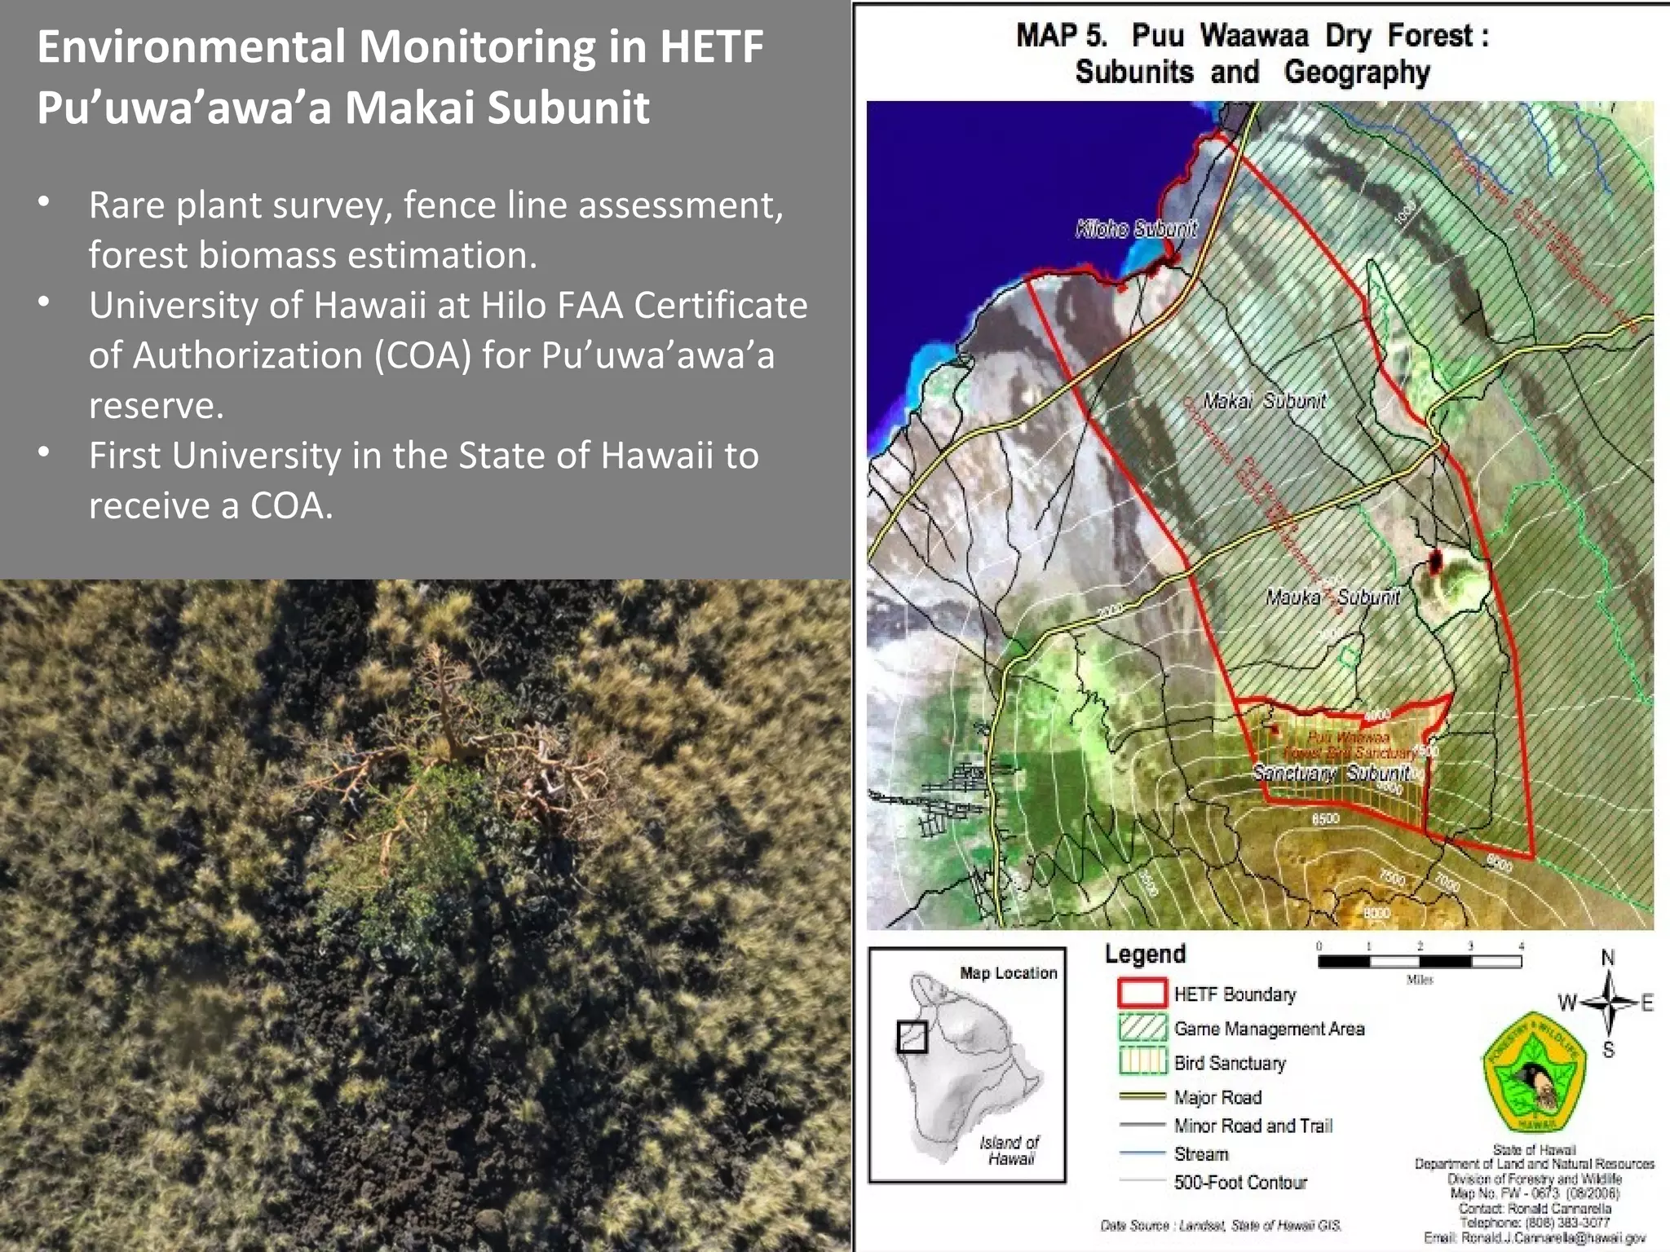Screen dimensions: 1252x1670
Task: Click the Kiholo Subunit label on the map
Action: click(x=1136, y=229)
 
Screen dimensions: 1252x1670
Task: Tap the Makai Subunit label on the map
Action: click(x=1264, y=401)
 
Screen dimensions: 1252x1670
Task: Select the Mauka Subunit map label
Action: click(x=1332, y=597)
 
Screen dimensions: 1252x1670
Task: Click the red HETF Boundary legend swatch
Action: click(x=1142, y=993)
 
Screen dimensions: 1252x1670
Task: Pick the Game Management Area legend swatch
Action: click(x=1142, y=1027)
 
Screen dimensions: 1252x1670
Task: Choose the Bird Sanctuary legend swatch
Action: click(x=1142, y=1061)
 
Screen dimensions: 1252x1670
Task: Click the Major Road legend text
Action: click(x=1217, y=1097)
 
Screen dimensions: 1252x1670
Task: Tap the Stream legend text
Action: click(x=1200, y=1154)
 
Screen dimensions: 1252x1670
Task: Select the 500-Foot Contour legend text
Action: click(x=1239, y=1182)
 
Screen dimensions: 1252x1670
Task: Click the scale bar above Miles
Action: click(x=1419, y=962)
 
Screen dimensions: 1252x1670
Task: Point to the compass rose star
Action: click(x=1608, y=1003)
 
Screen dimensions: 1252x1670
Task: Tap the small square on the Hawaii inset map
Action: click(x=912, y=1037)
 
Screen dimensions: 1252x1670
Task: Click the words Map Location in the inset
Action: click(x=1008, y=972)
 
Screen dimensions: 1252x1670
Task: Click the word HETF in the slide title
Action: click(x=711, y=46)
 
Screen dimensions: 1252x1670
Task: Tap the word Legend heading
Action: click(x=1145, y=954)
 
